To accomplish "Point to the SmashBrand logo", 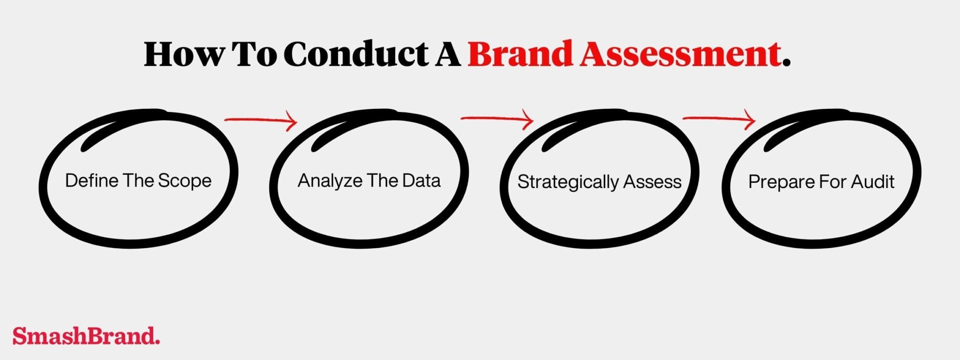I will (86, 336).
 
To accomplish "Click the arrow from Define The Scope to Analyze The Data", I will (261, 121).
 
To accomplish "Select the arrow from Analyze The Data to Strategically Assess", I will (497, 120).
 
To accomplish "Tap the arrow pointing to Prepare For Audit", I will (719, 119).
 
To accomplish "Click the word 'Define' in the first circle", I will (91, 180).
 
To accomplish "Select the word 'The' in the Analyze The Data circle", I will (382, 180).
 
